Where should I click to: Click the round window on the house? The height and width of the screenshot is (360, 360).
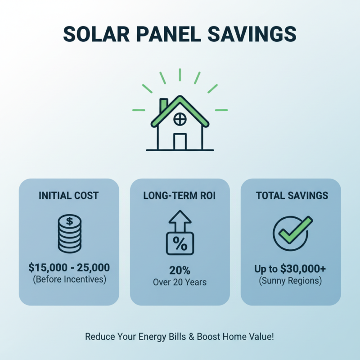[x=180, y=119]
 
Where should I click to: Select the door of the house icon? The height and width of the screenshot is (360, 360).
[x=180, y=141]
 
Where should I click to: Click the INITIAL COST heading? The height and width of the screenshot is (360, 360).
[x=69, y=196]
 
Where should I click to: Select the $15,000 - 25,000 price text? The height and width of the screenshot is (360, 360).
[x=69, y=268]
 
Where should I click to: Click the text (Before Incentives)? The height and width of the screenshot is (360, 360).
[x=69, y=279]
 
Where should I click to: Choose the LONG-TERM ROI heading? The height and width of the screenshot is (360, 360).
[x=180, y=196]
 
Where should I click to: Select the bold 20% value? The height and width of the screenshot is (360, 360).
[x=180, y=271]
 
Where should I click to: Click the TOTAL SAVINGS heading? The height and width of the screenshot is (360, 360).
[x=292, y=196]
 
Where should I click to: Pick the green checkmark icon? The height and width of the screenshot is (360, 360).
[x=293, y=230]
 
